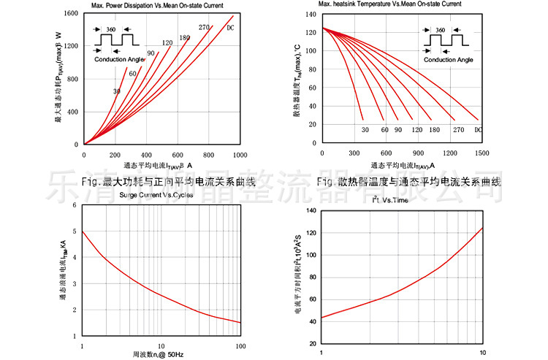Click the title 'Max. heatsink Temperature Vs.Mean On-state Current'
[x=390, y=4]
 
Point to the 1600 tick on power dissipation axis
[x=71, y=14]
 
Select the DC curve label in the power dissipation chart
[x=230, y=28]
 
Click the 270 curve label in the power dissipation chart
[x=204, y=28]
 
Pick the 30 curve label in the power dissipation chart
[x=116, y=91]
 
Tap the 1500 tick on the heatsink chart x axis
[x=481, y=153]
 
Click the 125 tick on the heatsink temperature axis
[x=311, y=29]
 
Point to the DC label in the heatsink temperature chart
[x=479, y=130]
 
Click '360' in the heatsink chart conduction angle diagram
[x=440, y=30]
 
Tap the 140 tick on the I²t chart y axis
[x=311, y=211]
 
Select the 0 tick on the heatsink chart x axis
[x=322, y=153]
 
